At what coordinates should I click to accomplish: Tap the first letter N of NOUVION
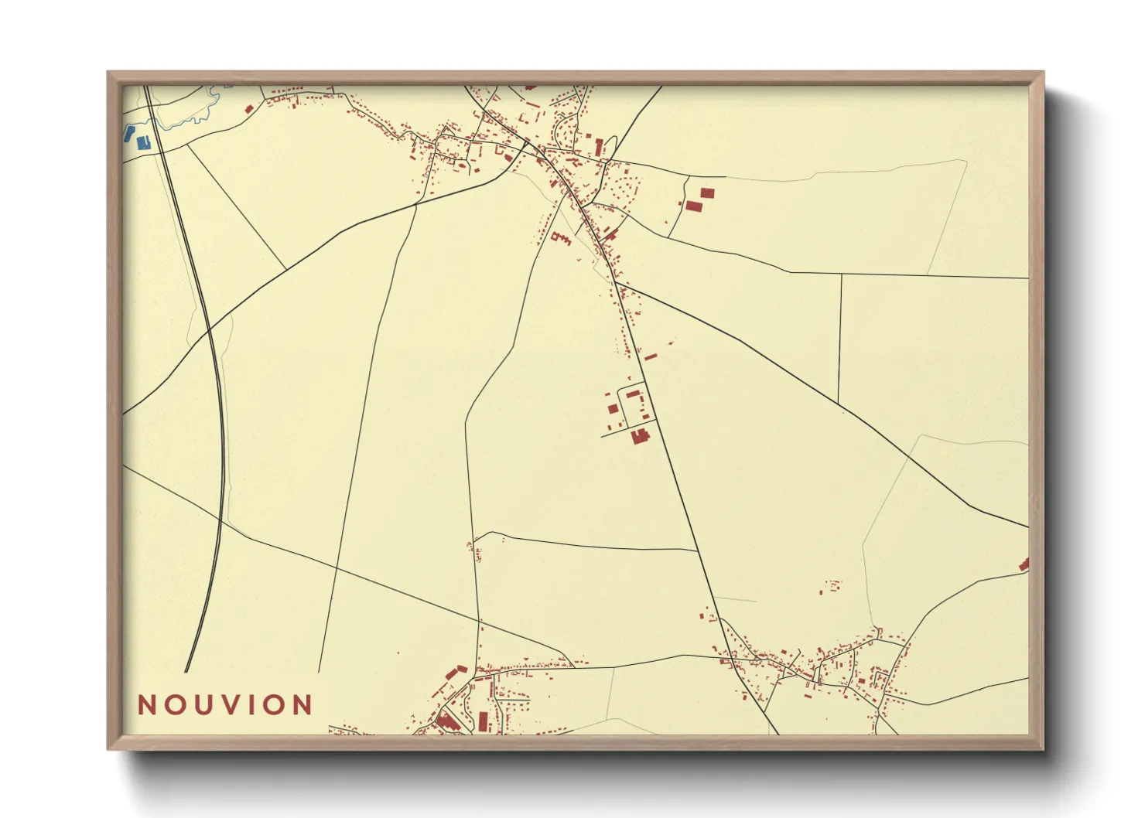coord(146,705)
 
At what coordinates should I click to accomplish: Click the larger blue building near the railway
coord(142,142)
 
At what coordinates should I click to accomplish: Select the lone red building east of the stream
coord(248,110)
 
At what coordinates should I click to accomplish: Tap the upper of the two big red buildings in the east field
coord(706,193)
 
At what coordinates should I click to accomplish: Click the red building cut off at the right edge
coord(1024,565)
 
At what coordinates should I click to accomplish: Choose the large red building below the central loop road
coord(639,437)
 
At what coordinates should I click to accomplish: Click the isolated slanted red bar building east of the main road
coord(650,357)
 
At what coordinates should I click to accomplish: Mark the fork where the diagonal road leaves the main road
coord(617,284)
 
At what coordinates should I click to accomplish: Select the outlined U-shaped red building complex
coord(561,238)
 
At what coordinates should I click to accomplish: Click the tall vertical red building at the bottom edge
coord(483,721)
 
